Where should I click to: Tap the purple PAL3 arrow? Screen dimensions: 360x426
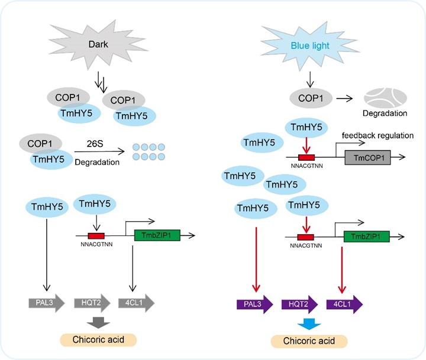pos(250,306)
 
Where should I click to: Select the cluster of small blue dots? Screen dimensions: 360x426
pos(151,152)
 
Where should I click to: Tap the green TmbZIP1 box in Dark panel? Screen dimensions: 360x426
pos(153,236)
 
